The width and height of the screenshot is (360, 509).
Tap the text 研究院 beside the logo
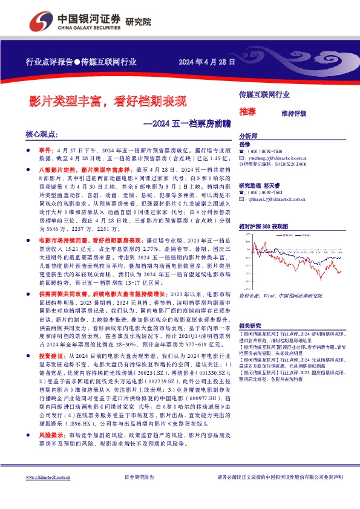tap(138, 22)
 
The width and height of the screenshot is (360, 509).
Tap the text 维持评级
tap(294, 113)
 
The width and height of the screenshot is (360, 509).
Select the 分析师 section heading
tap(248, 136)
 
